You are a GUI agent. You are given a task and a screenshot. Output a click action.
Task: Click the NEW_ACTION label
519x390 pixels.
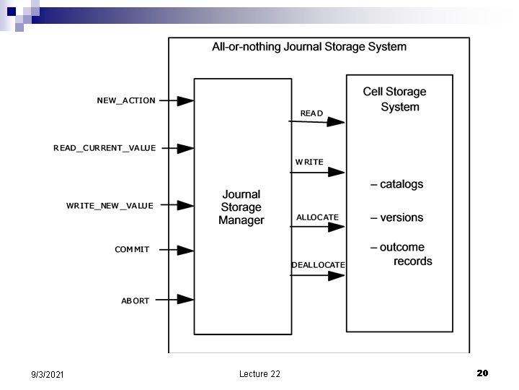coord(126,100)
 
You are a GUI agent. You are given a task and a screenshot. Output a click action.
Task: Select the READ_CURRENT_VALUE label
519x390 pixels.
coord(105,148)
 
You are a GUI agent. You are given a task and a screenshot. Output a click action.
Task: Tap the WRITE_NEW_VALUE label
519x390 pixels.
coord(110,206)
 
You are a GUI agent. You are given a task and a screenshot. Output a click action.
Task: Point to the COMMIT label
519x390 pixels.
coord(132,250)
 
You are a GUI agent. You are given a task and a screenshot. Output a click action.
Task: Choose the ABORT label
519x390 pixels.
coord(135,300)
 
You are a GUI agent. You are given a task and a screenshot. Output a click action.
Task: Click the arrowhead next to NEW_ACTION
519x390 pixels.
coord(185,101)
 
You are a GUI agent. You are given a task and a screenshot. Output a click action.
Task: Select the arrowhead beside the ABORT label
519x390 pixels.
coord(185,299)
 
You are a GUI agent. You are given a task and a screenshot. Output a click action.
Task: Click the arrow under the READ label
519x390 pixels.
coord(317,122)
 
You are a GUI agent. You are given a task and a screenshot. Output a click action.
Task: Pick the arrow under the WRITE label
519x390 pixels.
coord(317,172)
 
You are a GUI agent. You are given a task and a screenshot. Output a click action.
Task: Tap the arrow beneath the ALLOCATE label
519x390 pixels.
coord(317,227)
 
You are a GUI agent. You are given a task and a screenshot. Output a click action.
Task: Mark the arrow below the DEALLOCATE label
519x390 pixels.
coord(317,275)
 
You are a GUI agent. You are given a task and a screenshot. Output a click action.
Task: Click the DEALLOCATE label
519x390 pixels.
coord(318,265)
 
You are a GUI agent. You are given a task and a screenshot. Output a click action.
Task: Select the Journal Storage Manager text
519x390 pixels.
coord(241,207)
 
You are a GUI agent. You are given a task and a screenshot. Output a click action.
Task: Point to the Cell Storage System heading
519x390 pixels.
coord(395,99)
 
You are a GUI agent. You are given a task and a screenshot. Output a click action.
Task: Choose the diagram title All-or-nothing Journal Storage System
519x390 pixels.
coord(309,47)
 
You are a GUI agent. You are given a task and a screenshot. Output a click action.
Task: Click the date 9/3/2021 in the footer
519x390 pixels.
coord(48,374)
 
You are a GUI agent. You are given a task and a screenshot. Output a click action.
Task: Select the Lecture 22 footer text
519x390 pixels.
coord(259,373)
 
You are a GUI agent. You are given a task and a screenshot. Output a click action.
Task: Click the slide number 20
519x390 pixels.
coord(482,373)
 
